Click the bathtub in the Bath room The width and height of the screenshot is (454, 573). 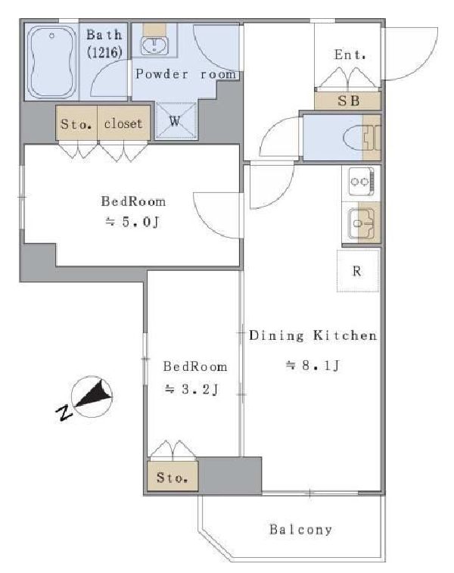52,62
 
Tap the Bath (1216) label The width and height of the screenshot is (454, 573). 104,44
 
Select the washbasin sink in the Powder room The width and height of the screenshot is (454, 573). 154,45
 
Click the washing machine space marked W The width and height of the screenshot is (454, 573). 176,120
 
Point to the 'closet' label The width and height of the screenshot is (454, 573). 123,123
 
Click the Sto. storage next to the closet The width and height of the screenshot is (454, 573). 76,123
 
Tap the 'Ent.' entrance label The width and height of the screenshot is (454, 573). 350,54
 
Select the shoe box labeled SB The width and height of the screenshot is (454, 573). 348,100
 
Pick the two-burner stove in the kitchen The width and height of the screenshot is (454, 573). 361,182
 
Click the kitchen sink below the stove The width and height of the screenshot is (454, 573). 362,223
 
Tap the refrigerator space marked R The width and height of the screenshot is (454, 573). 357,271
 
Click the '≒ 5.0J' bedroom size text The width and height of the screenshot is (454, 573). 132,222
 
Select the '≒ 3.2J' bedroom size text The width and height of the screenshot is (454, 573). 191,389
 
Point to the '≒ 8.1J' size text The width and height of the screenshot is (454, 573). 313,365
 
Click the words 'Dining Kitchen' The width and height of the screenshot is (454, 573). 313,335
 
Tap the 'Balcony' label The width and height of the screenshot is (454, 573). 300,529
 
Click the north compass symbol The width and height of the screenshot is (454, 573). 92,397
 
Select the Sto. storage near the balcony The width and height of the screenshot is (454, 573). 173,477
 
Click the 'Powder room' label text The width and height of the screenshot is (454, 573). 186,74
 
